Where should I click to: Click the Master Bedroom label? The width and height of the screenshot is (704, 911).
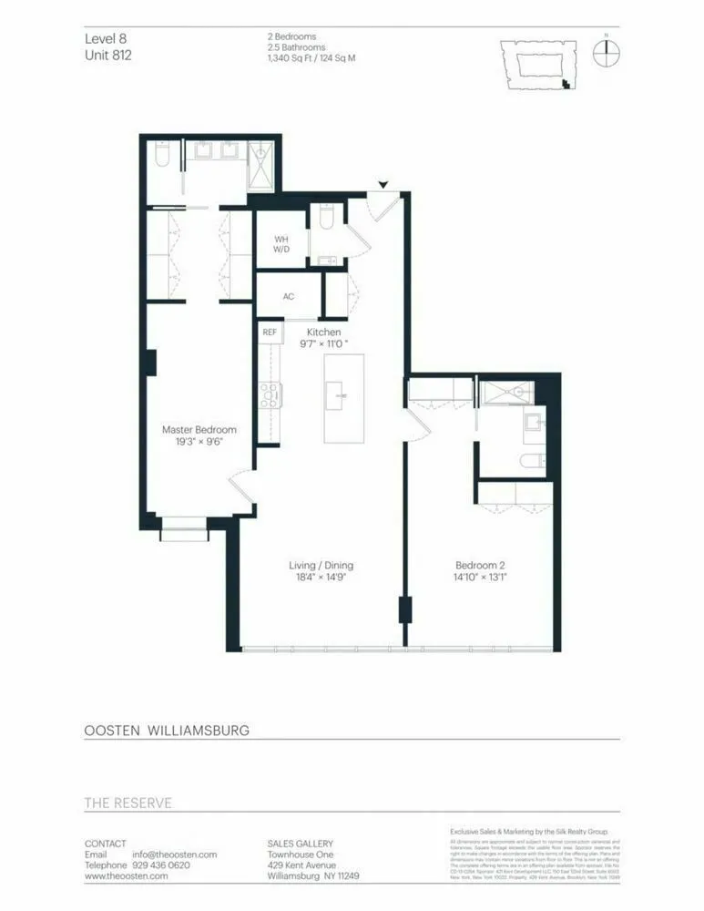click(199, 430)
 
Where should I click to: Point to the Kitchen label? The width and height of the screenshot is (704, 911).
click(324, 332)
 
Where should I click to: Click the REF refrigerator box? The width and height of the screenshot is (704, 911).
click(270, 333)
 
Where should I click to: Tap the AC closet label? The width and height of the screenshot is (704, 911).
click(289, 297)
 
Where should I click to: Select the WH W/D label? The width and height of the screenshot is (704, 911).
click(281, 246)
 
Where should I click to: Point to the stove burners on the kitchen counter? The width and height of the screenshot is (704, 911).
click(270, 394)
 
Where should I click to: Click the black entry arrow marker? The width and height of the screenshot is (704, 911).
click(383, 185)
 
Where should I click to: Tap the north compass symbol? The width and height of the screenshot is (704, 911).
click(606, 52)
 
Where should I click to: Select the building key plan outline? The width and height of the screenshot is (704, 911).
click(537, 65)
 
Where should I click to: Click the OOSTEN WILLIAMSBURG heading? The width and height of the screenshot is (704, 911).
click(167, 730)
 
